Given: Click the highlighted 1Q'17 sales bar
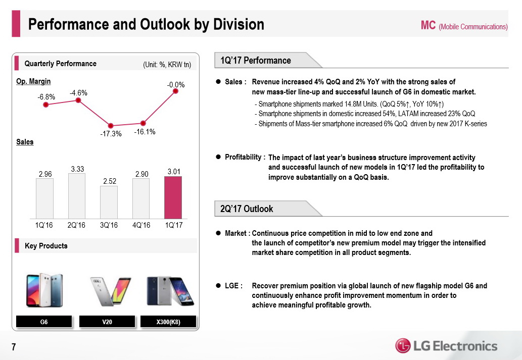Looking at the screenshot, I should pos(173,197).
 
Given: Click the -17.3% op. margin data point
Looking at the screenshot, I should pos(111,126).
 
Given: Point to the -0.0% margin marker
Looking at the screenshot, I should pos(176,91).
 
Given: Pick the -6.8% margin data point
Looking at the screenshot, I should pos(46,105).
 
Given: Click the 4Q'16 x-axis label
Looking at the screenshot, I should pos(141,225).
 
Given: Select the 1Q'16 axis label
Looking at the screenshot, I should pos(44,225).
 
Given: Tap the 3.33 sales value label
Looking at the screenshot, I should pos(77,170).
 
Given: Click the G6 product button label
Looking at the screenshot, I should pos(44,322).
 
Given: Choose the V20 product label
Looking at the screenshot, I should pos(107,322).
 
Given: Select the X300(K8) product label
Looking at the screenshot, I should pos(169,322).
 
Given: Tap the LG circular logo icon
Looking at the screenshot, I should pos(403,346).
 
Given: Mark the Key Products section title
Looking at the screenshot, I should pos(46,246).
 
